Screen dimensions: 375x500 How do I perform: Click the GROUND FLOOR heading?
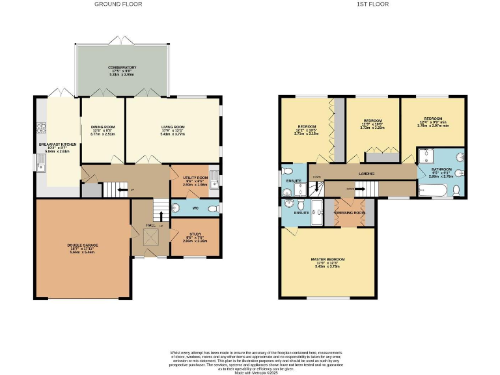[118, 4]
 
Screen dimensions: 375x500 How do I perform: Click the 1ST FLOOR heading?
[372, 4]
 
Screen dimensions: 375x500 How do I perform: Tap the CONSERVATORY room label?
[122, 68]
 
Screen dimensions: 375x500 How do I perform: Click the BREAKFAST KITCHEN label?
[58, 144]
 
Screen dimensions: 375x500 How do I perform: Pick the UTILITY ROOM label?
[194, 177]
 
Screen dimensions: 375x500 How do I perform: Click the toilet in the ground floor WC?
[212, 208]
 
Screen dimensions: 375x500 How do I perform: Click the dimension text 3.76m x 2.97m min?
[434, 127]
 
